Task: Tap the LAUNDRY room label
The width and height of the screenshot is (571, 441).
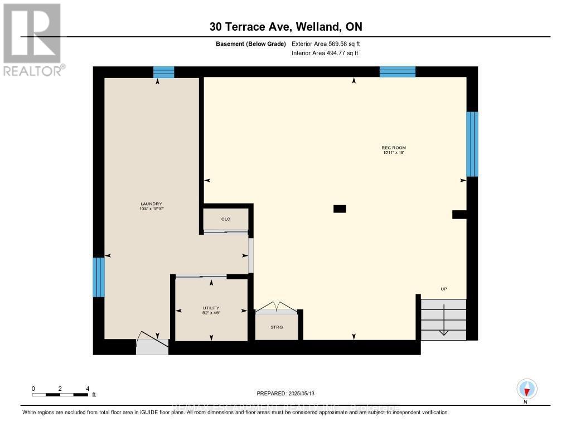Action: (151, 204)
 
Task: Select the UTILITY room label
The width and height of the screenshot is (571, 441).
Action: (211, 308)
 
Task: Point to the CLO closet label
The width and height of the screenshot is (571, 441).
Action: (226, 219)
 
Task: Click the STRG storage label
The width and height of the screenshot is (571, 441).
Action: (276, 327)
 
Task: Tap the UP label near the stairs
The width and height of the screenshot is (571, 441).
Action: (444, 289)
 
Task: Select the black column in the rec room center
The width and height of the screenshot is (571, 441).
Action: (339, 209)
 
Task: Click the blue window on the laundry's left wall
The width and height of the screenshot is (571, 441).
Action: (99, 277)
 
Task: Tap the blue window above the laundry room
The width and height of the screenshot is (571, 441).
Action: (163, 72)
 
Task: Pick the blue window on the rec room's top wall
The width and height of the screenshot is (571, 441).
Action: (398, 71)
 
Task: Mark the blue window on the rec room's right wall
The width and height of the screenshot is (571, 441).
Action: (472, 144)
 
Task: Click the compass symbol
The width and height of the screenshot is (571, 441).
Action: (526, 389)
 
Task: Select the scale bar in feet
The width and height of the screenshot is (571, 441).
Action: (60, 395)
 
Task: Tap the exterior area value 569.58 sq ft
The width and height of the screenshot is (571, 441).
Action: (330, 43)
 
